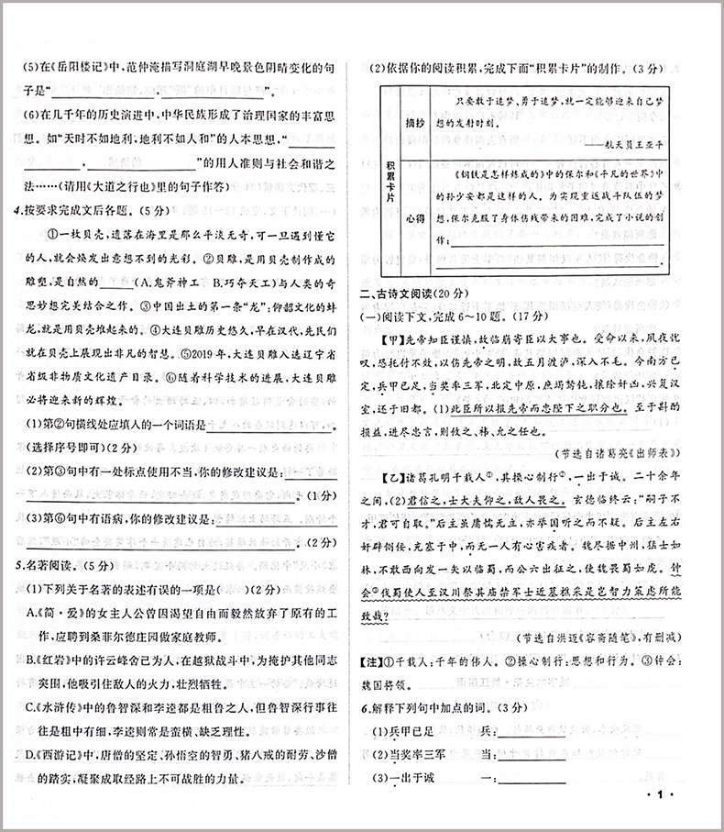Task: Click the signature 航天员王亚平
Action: [x=627, y=143]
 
